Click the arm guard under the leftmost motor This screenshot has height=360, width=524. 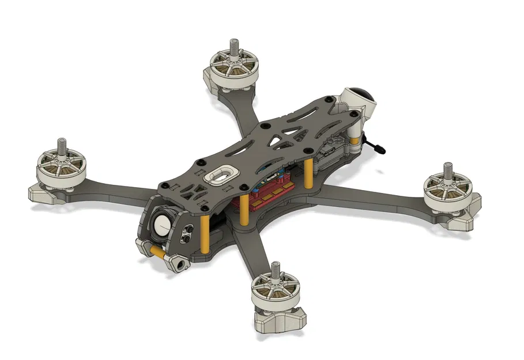46,194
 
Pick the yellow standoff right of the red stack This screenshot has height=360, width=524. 308,173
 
